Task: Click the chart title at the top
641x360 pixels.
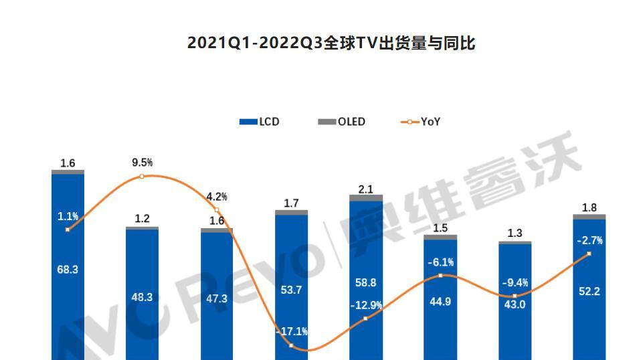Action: [331, 43]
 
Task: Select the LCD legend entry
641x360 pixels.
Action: [259, 122]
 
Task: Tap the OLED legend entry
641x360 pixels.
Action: [343, 122]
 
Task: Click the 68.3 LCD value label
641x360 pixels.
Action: [68, 270]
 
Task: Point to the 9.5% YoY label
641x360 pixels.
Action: [142, 163]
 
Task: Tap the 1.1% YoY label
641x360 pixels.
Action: [68, 216]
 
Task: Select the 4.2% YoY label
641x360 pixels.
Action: [216, 197]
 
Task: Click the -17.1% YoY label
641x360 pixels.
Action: [291, 331]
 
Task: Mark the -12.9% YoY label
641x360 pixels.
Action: [366, 305]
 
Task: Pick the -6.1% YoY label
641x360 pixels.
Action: [440, 262]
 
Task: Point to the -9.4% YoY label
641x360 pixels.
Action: [515, 282]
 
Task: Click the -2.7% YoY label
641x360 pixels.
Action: [589, 240]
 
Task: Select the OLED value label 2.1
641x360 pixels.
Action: [365, 189]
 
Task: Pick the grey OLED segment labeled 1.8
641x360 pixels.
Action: [589, 217]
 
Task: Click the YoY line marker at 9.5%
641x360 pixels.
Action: [142, 177]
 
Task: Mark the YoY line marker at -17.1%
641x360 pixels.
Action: [291, 345]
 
